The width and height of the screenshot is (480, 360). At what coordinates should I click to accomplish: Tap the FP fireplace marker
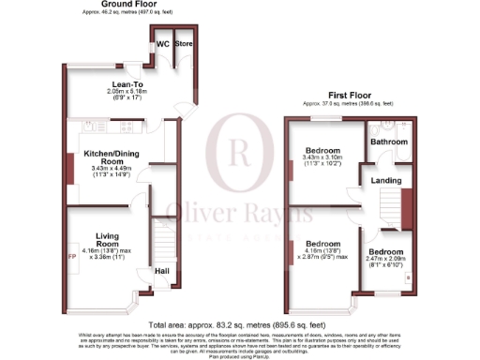click(x=72, y=254)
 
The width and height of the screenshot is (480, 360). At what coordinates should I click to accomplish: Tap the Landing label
click(x=386, y=180)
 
